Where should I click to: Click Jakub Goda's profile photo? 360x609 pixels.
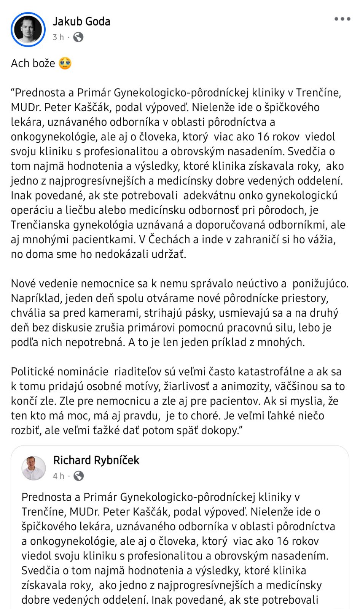[28, 30]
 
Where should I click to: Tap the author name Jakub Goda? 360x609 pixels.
[81, 21]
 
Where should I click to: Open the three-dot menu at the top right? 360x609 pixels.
[342, 19]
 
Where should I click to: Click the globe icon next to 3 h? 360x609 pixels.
[78, 37]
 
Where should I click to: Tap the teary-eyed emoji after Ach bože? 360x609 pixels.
[65, 63]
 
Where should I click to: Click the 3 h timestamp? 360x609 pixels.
[58, 37]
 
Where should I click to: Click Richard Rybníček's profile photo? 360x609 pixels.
[34, 468]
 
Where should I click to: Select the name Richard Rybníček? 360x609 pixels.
[96, 460]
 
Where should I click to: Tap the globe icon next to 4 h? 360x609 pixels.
[79, 476]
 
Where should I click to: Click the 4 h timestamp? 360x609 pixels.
[58, 476]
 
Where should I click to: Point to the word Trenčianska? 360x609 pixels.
[40, 225]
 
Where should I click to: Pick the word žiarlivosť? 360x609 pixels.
[186, 386]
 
